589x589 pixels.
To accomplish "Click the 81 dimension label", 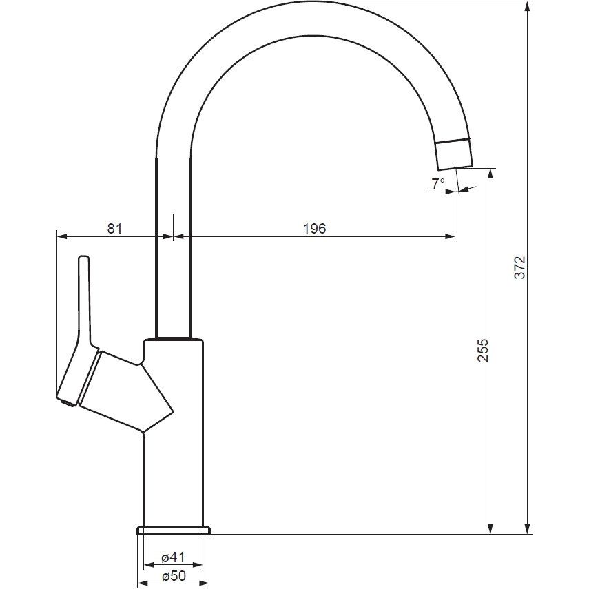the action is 114,229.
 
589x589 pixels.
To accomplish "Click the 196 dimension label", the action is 314,229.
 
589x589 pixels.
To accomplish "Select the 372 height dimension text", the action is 520,267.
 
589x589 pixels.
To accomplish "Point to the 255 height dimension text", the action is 483,350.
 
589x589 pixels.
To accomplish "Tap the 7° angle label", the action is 438,184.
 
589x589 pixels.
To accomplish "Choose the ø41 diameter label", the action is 173,558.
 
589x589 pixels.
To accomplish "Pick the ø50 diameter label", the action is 174,576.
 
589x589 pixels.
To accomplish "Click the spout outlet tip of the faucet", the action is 455,167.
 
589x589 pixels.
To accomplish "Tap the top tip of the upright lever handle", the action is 84,257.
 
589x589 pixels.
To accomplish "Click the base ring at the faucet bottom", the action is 174,530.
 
